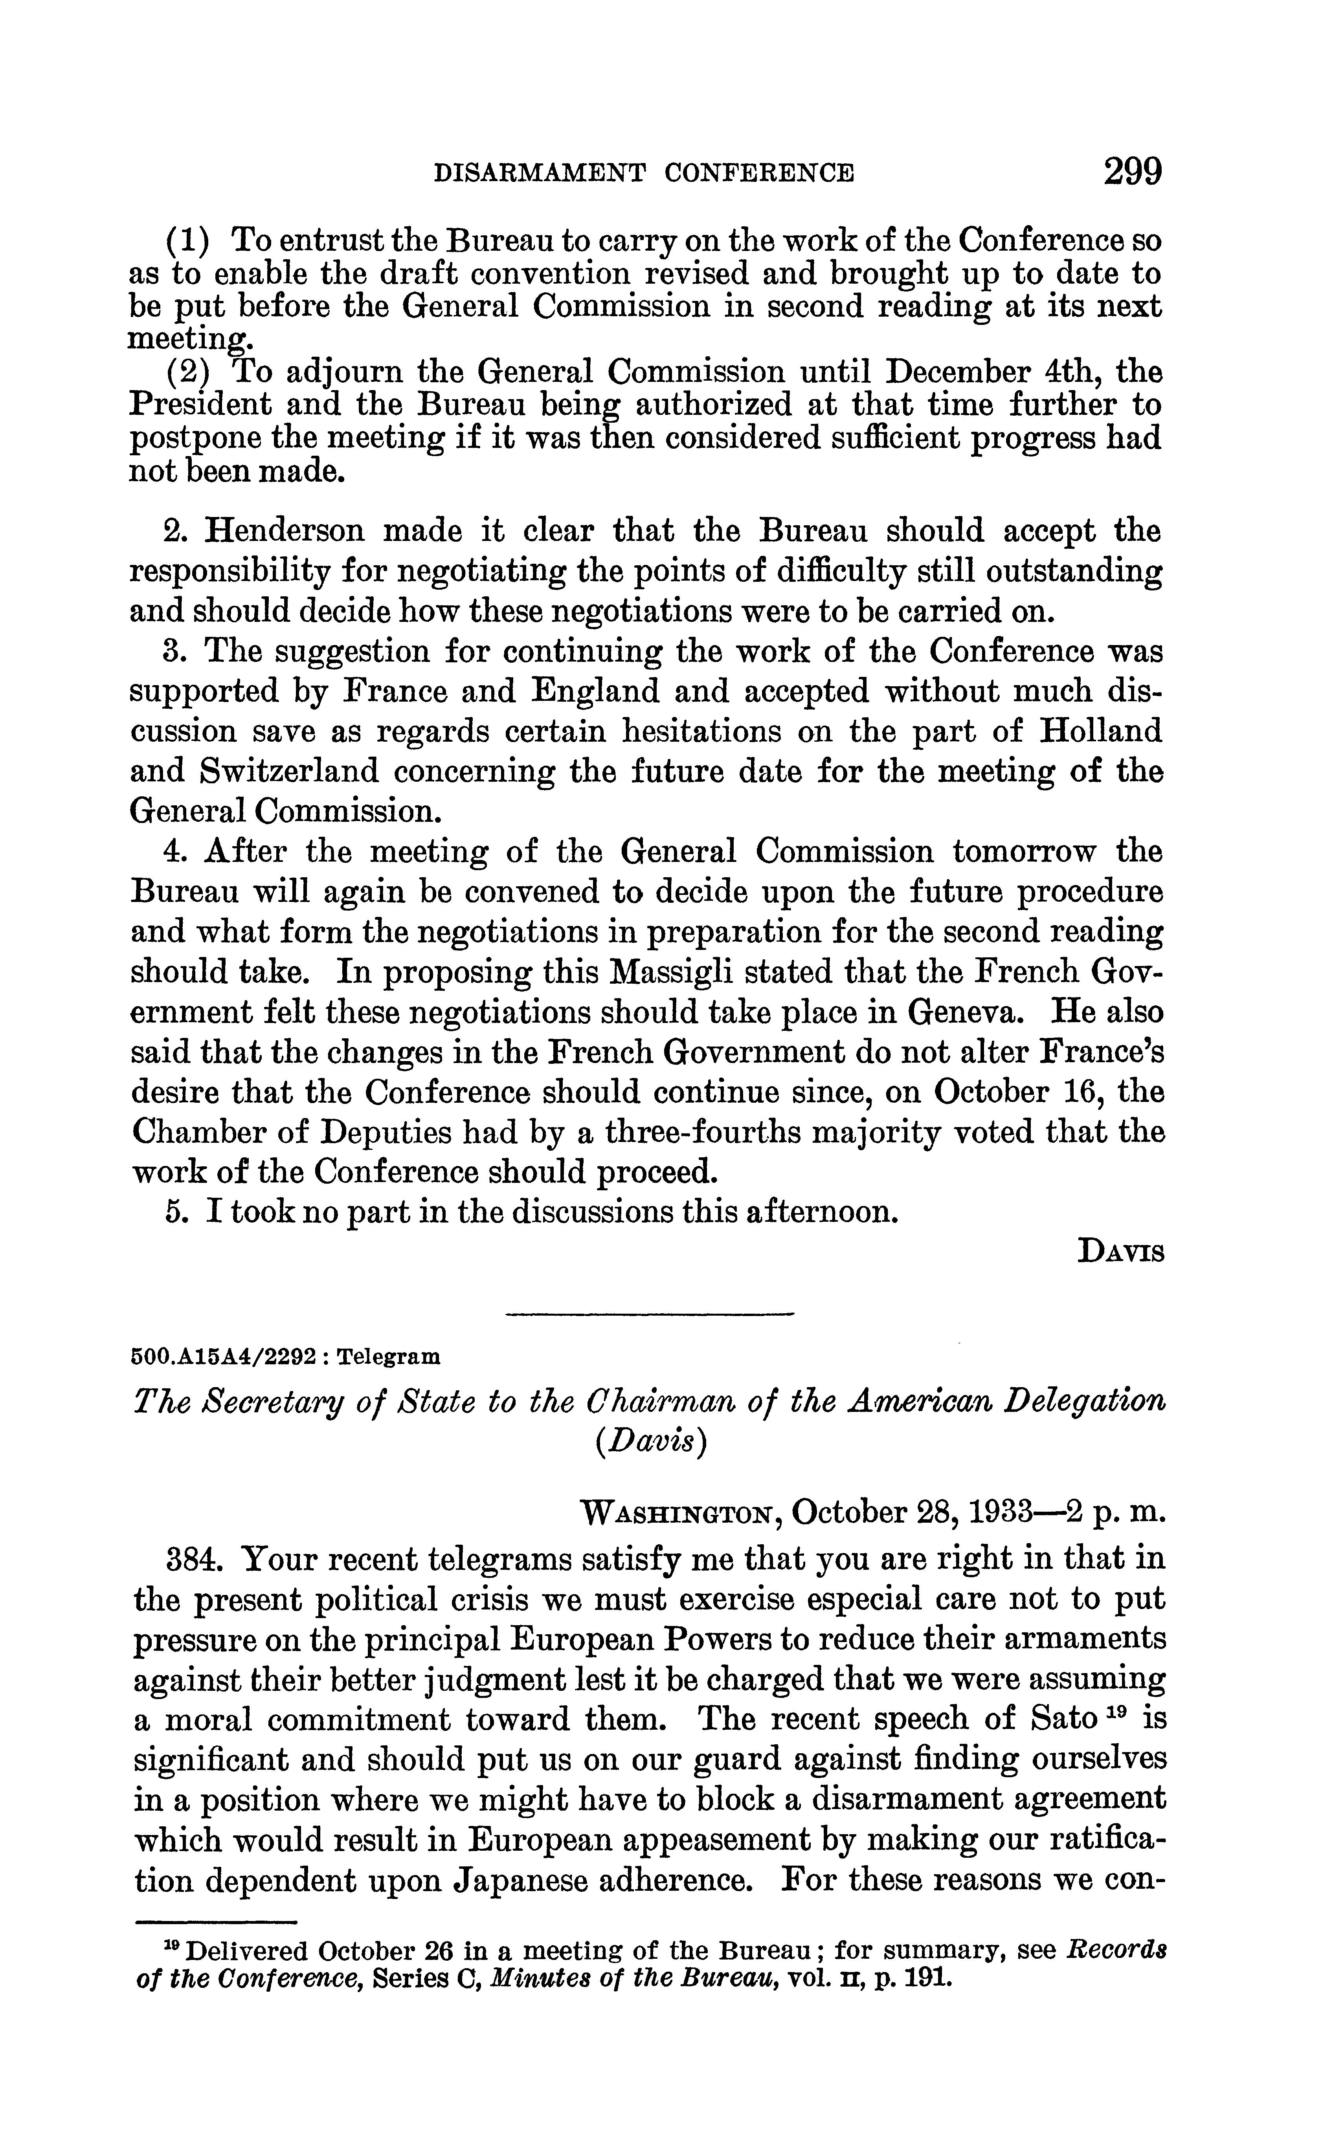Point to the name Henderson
pos(288,530)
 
